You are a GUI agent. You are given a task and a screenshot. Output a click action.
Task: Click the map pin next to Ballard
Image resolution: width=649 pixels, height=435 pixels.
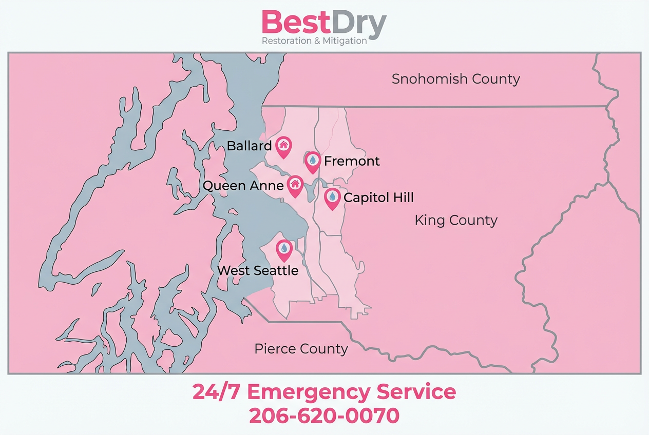(283, 146)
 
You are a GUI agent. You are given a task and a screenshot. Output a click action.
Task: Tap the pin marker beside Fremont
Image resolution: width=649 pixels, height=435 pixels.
(313, 161)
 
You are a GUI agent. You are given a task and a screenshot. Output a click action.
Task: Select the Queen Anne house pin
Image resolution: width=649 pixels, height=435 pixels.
(295, 185)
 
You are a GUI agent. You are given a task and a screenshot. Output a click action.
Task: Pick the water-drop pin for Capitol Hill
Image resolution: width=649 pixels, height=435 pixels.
(333, 197)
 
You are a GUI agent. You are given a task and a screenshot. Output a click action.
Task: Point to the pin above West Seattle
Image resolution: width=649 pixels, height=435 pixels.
(284, 250)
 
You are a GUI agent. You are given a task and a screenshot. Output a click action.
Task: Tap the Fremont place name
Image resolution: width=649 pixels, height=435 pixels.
(352, 161)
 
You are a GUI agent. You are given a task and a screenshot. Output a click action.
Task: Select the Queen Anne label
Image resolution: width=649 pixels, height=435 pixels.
(243, 186)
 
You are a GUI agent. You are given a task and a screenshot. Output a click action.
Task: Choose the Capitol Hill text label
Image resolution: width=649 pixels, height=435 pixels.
(378, 197)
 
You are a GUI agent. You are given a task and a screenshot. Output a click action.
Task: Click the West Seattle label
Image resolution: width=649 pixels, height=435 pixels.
(258, 270)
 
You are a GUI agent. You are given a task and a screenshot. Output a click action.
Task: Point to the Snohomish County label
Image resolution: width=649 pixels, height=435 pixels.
(455, 79)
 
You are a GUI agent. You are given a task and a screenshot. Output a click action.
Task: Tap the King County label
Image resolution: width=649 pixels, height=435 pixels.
(456, 221)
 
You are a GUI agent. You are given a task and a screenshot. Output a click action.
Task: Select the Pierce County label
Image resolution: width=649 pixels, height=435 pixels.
(301, 349)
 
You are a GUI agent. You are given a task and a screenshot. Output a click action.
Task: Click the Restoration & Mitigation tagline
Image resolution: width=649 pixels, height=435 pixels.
(314, 41)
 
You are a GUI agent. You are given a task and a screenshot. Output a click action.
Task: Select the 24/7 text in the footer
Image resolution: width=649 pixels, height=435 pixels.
(216, 392)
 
